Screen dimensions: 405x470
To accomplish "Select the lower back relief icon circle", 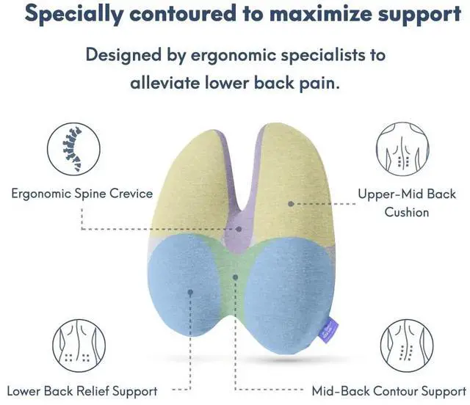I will (73, 345).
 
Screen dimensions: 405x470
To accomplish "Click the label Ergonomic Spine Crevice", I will (82, 194).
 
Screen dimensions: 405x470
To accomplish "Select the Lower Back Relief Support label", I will (82, 390).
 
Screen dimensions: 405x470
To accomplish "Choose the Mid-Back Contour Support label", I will (388, 390).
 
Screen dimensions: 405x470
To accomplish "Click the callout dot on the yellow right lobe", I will (291, 202).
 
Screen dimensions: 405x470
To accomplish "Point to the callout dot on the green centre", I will (235, 277).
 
